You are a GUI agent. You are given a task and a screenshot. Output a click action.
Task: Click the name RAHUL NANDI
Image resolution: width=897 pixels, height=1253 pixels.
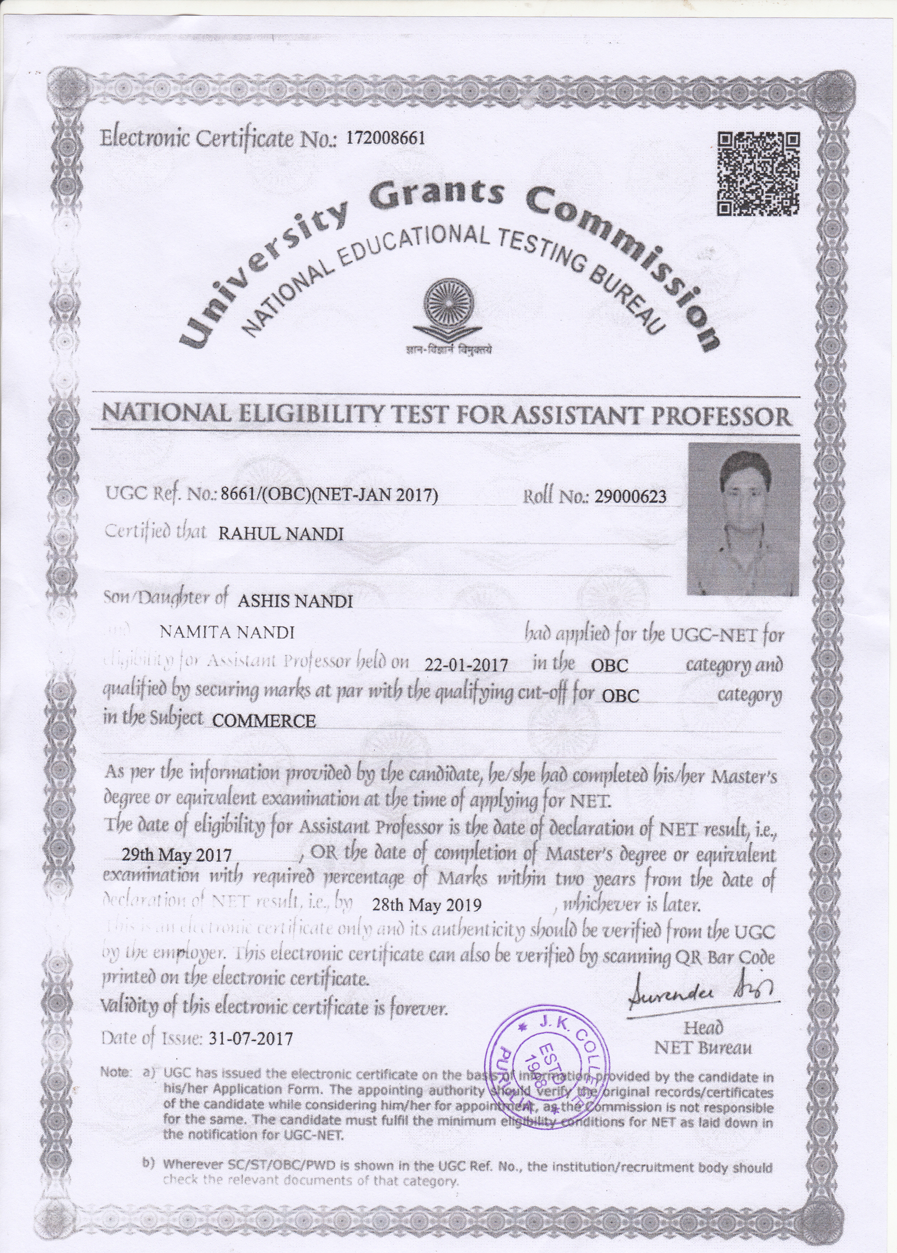click(x=281, y=534)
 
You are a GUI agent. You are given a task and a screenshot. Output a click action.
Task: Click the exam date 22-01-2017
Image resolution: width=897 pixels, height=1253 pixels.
click(x=467, y=664)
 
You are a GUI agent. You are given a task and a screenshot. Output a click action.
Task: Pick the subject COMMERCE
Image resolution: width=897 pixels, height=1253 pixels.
click(x=264, y=720)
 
